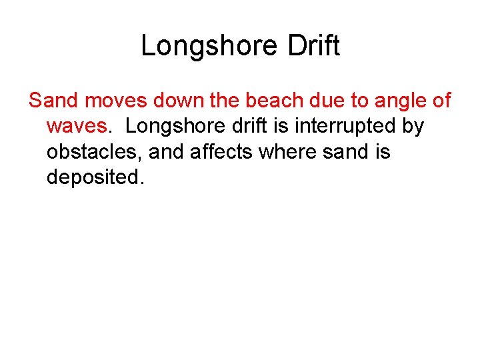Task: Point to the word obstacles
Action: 94,152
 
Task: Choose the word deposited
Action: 94,177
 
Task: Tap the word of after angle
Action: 441,101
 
